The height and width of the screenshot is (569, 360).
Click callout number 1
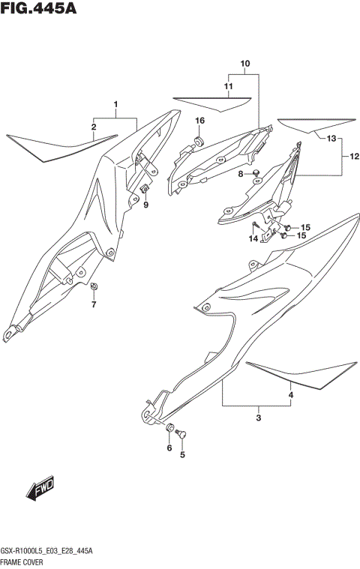115,104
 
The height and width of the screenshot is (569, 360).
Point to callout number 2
94,127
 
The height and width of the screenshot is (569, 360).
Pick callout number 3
258,418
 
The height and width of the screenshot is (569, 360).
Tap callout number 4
291,394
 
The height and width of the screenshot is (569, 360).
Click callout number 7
94,304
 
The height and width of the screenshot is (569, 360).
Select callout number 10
244,64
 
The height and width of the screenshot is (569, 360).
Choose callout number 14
254,238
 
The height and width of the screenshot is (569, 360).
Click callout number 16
200,121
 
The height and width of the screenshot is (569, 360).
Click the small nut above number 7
94,286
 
